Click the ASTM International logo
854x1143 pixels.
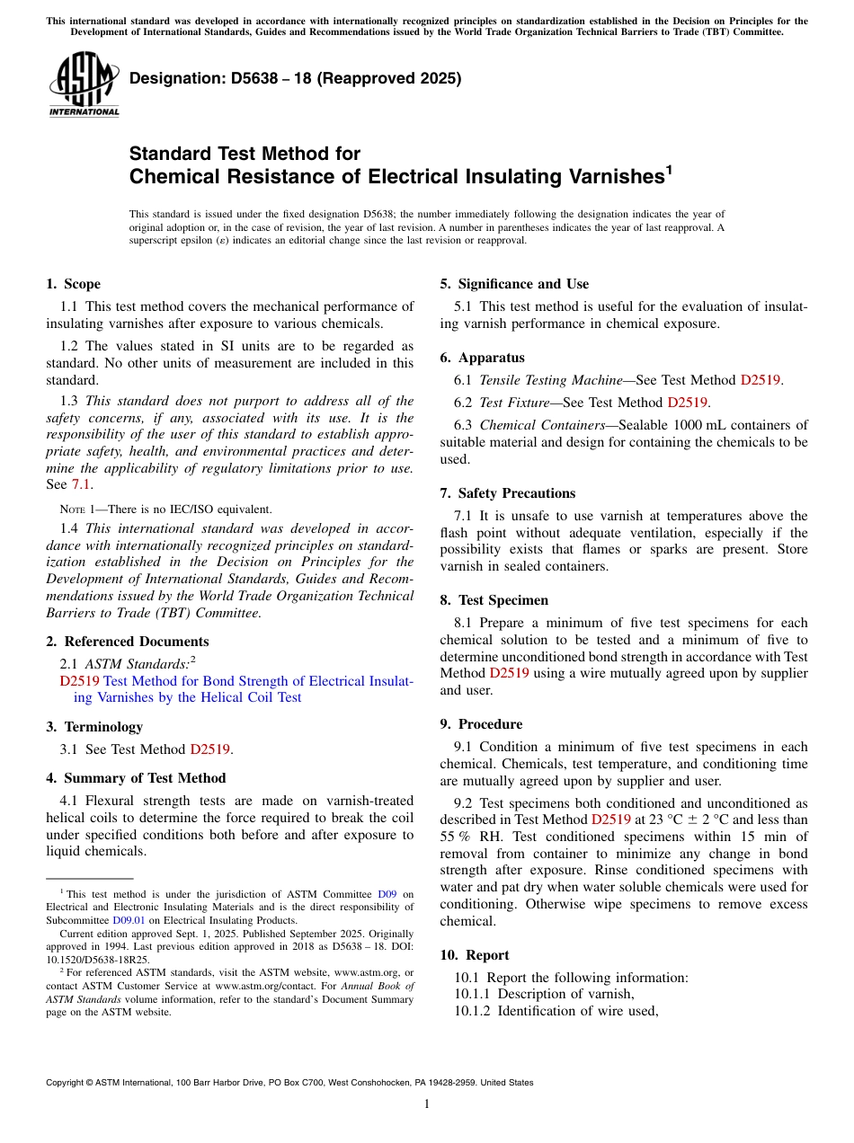[x=84, y=84]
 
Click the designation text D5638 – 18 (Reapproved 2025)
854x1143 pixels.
[x=295, y=78]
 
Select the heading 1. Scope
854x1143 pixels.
[x=74, y=284]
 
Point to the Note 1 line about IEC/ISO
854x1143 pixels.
[x=158, y=509]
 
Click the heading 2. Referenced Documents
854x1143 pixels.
[x=128, y=642]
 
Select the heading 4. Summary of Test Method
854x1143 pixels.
[x=136, y=778]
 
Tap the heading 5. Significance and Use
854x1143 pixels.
[x=514, y=284]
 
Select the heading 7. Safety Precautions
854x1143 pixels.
[x=507, y=493]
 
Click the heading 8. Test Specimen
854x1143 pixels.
[x=494, y=600]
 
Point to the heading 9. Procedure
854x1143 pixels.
[x=481, y=724]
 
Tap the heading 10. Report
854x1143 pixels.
[x=475, y=955]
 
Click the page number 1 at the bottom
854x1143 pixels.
[x=427, y=1104]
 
